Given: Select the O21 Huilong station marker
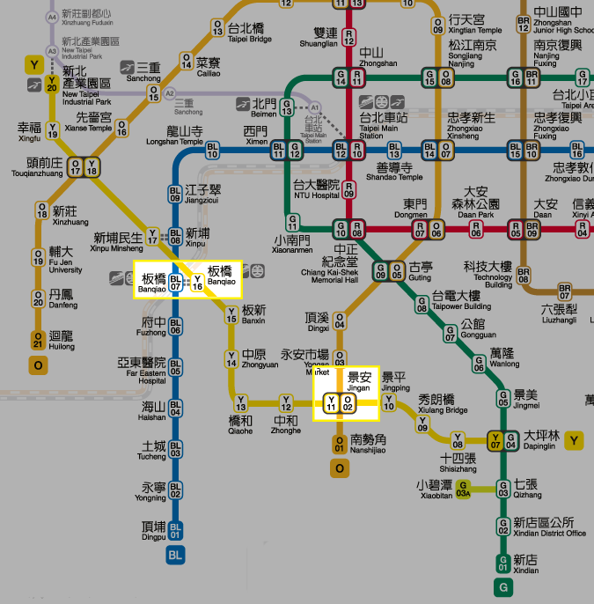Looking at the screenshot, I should (x=38, y=339).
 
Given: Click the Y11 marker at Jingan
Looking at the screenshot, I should (x=332, y=403).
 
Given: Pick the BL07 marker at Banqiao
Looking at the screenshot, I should (x=176, y=283).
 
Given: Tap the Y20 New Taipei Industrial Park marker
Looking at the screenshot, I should (x=53, y=83).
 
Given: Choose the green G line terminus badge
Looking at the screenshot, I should (x=503, y=586).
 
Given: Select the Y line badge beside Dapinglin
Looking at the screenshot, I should (x=576, y=440).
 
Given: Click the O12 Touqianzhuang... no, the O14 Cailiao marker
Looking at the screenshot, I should (x=187, y=61).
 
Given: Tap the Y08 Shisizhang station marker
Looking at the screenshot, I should (x=458, y=440).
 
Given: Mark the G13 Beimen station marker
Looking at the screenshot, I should (x=286, y=109).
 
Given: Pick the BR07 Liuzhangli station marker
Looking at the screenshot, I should (x=565, y=292).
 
